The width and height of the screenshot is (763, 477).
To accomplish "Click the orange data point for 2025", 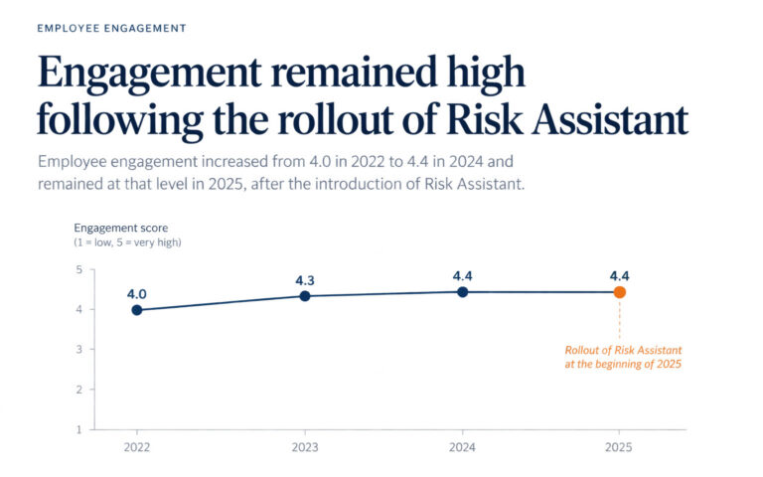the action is click(620, 292).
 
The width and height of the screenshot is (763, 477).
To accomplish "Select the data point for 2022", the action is click(137, 310).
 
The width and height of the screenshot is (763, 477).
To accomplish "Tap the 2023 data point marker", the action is click(305, 296).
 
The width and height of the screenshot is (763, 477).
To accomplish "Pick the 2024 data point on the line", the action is click(462, 292).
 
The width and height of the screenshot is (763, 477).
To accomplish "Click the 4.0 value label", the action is click(137, 294).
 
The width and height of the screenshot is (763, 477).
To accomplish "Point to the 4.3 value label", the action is click(305, 280).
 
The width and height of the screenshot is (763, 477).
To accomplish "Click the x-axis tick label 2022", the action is click(137, 447).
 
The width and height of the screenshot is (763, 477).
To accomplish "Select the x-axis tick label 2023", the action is click(305, 447).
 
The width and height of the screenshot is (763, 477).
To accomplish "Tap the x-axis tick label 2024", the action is click(462, 447).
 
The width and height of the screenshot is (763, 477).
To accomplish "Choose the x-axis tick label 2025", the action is click(619, 447).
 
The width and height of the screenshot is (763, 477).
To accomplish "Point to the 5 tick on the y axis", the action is click(78, 269).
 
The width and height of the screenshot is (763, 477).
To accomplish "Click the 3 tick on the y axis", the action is click(78, 349).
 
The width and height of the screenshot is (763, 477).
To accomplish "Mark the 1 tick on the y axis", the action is click(78, 429).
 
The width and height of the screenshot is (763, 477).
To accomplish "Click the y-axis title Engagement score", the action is click(120, 228).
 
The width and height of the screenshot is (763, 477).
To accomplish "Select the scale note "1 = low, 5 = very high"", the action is click(127, 242).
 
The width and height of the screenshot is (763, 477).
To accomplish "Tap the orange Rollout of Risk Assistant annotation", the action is click(623, 357).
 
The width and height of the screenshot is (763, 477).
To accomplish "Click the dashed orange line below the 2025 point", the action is click(620, 319).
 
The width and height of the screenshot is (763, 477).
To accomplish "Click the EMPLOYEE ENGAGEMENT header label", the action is click(111, 28).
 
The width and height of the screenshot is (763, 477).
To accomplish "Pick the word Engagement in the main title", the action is click(149, 74).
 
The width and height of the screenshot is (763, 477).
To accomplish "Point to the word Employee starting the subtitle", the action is click(72, 162).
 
